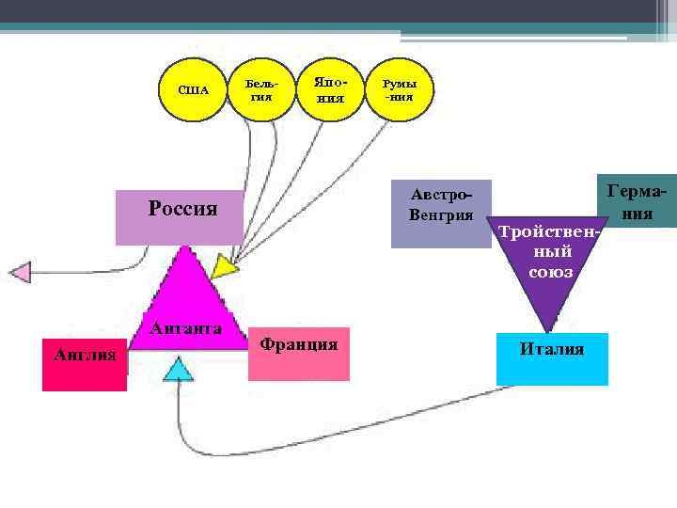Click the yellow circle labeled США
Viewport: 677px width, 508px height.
click(193, 90)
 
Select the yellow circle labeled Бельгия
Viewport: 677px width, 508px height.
click(260, 90)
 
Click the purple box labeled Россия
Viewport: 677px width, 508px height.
click(179, 216)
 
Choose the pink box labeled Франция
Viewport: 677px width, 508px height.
click(299, 354)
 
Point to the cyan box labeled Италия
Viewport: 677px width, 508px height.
click(552, 358)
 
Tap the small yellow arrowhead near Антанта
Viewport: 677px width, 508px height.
click(224, 267)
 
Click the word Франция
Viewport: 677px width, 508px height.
click(299, 343)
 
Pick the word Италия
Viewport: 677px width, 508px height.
click(552, 349)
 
